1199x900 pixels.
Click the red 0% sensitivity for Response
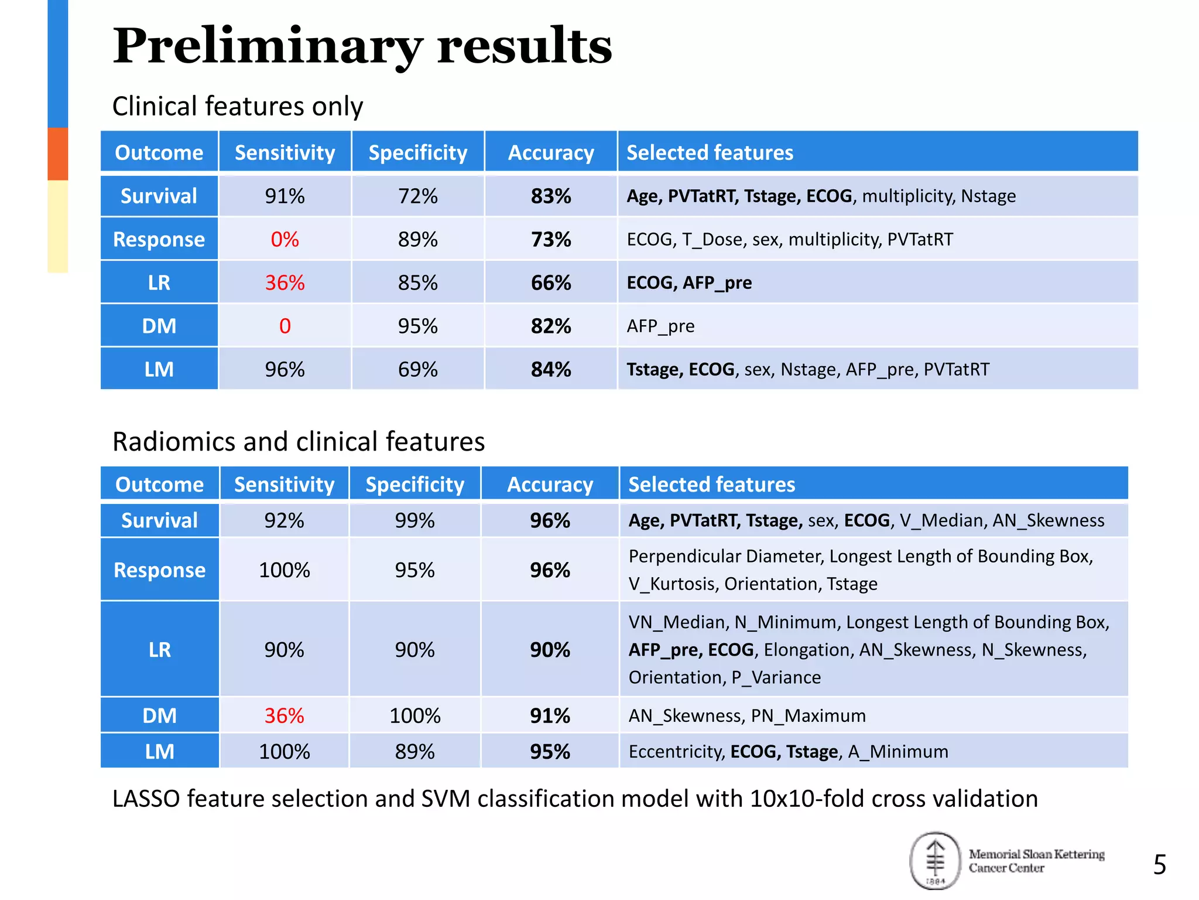tap(285, 239)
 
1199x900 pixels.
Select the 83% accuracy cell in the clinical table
tap(550, 196)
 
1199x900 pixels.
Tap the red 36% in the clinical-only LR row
tap(285, 282)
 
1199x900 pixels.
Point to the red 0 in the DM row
tap(285, 326)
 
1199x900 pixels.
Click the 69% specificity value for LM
tap(417, 369)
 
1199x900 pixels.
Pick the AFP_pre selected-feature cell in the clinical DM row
tap(660, 326)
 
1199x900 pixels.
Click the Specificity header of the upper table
tap(417, 152)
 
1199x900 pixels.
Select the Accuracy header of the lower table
tap(550, 485)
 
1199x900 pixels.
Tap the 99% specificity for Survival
tap(414, 520)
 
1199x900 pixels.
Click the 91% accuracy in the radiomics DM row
tap(550, 715)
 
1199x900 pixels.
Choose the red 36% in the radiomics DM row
tap(284, 715)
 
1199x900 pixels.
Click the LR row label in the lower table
tap(159, 649)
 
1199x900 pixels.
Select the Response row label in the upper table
tap(159, 239)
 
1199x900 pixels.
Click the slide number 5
tap(1159, 865)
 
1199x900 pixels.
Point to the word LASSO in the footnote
tap(146, 799)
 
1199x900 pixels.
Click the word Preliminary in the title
tap(267, 47)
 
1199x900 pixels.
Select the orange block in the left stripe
tap(57, 154)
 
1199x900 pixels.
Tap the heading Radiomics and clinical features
tap(299, 441)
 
